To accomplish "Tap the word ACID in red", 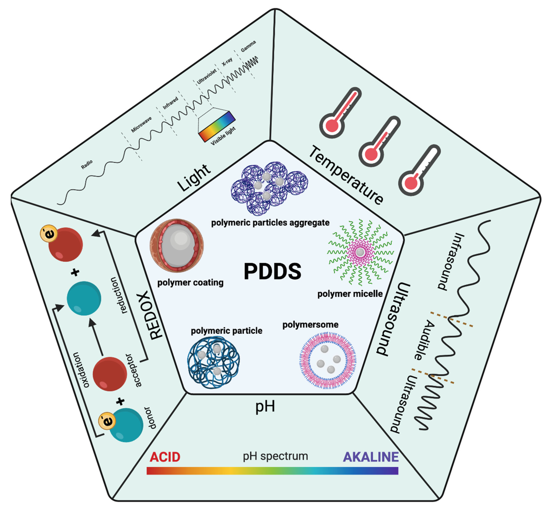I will click(165, 457).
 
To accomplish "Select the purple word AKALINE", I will click(370, 457).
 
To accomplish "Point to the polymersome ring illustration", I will click(327, 360).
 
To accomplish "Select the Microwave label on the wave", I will click(141, 124).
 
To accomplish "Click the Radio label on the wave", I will click(87, 165).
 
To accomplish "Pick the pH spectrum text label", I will click(275, 456).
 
